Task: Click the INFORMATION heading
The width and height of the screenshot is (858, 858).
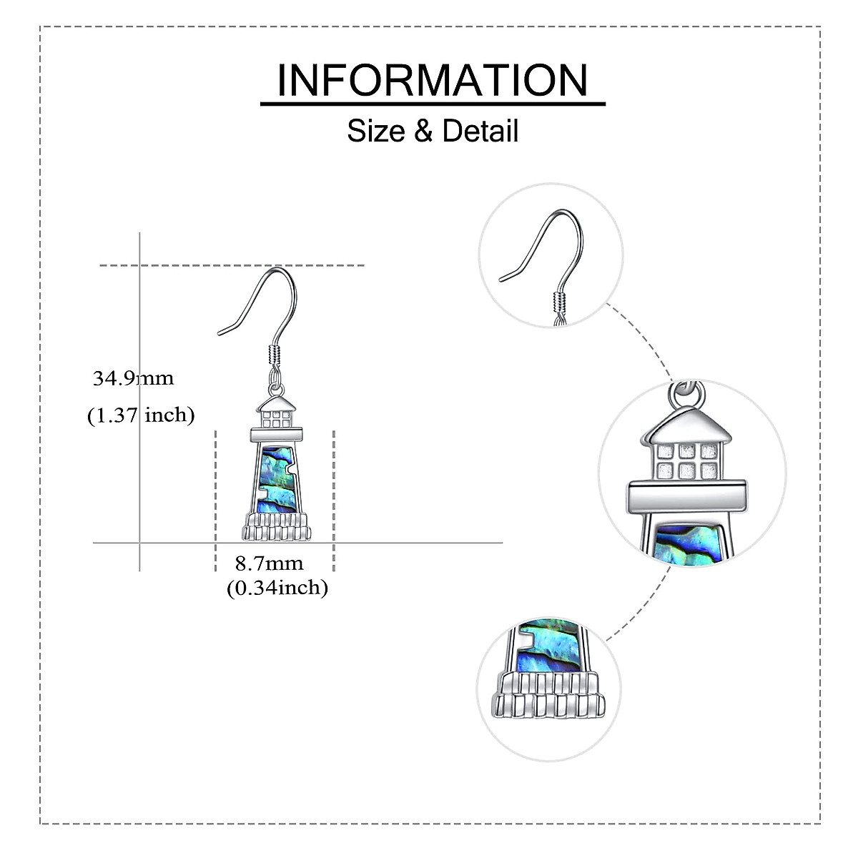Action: pyautogui.click(x=433, y=80)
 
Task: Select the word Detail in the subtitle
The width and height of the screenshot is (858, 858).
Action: pyautogui.click(x=480, y=132)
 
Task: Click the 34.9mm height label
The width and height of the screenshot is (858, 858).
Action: pyautogui.click(x=133, y=378)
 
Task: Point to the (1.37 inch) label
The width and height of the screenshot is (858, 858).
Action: pyautogui.click(x=141, y=415)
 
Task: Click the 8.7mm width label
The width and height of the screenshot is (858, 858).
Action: pyautogui.click(x=270, y=563)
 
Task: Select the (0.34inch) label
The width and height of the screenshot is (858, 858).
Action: pyautogui.click(x=277, y=588)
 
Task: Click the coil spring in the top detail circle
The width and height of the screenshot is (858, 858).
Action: pyautogui.click(x=559, y=303)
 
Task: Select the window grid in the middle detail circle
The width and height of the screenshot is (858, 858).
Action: pyautogui.click(x=687, y=461)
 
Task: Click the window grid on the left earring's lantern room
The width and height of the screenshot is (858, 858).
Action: pyautogui.click(x=276, y=418)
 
